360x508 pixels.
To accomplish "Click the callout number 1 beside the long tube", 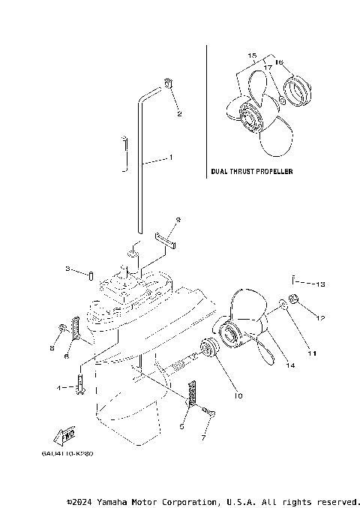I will coord(171,158).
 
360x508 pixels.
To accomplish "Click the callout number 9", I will coord(178,220).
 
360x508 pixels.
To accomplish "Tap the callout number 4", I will coord(58,388).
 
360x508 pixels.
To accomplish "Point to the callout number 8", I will coord(52,348).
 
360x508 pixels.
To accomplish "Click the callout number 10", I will coord(238,395).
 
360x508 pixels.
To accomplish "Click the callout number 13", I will coord(320,284).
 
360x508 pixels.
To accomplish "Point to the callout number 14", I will coord(289,365).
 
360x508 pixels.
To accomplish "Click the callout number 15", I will coord(251,56).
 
